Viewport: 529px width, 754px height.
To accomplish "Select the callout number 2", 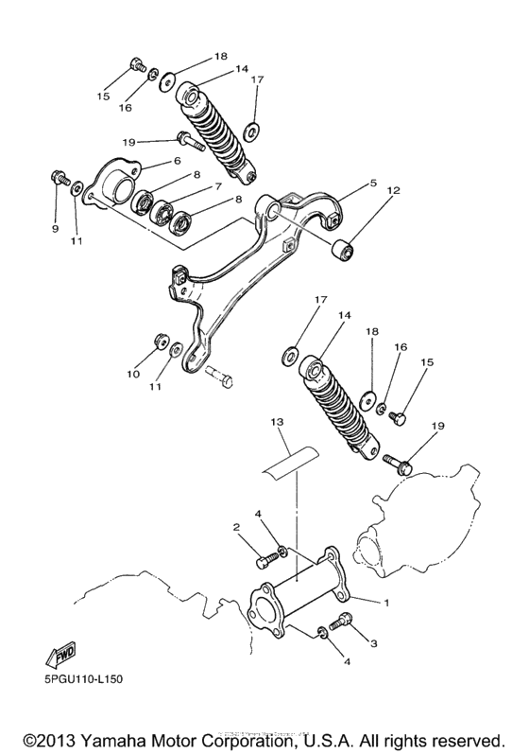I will tap(236, 527).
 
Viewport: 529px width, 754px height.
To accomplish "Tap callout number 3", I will tap(373, 643).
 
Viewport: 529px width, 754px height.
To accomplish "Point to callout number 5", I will tap(347, 183).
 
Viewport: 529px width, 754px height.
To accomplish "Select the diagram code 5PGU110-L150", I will tap(82, 679).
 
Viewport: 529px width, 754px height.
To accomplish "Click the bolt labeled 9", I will tap(60, 177).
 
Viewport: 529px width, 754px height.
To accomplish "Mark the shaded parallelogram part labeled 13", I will tap(288, 457).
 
